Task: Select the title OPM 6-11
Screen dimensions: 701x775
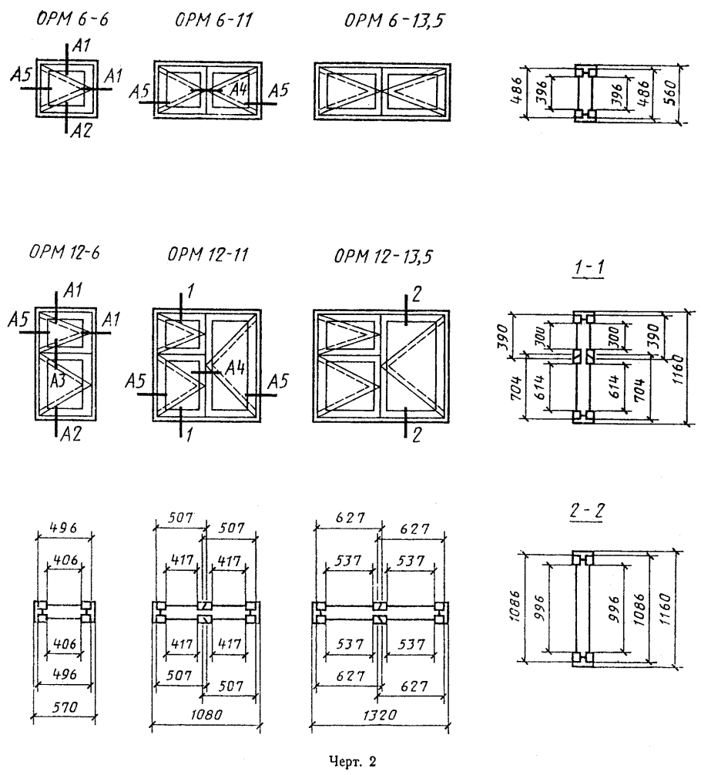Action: coord(214,20)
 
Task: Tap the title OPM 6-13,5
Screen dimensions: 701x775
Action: coord(394,21)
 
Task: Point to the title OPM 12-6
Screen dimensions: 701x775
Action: coord(64,252)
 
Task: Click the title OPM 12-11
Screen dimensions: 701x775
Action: coord(208,254)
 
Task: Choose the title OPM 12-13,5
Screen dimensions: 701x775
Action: coord(384,257)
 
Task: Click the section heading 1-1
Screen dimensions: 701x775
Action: coord(589,267)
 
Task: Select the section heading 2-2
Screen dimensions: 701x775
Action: coord(587,511)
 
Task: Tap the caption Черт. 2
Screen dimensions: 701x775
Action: coord(353,762)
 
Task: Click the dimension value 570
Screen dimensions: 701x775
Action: coord(64,707)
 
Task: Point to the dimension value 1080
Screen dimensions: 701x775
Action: coord(206,714)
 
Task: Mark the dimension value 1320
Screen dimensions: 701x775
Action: coord(379,715)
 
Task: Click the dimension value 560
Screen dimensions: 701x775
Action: coord(671,93)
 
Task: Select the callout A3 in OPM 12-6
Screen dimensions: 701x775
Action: coord(59,381)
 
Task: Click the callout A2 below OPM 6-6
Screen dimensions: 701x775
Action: coord(81,130)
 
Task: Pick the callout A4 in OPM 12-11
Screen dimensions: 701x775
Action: coord(235,367)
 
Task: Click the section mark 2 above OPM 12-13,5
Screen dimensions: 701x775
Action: coord(417,294)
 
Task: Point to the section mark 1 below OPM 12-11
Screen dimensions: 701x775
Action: coord(189,434)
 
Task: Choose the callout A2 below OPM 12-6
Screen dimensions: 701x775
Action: coord(71,434)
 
